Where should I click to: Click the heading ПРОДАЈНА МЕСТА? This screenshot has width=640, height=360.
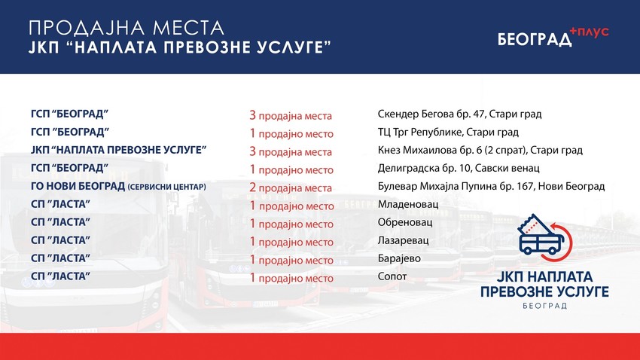point(126,28)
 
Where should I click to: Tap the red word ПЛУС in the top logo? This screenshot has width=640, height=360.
point(592,31)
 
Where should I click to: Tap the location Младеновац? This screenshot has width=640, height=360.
point(407,204)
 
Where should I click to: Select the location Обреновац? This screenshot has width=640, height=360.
point(404,222)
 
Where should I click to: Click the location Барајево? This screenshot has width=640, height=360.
point(399,258)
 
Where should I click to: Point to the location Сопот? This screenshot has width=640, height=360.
point(392,276)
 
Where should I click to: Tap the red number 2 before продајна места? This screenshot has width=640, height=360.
point(253,187)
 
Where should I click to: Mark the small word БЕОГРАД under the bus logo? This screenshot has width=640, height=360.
point(545,307)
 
